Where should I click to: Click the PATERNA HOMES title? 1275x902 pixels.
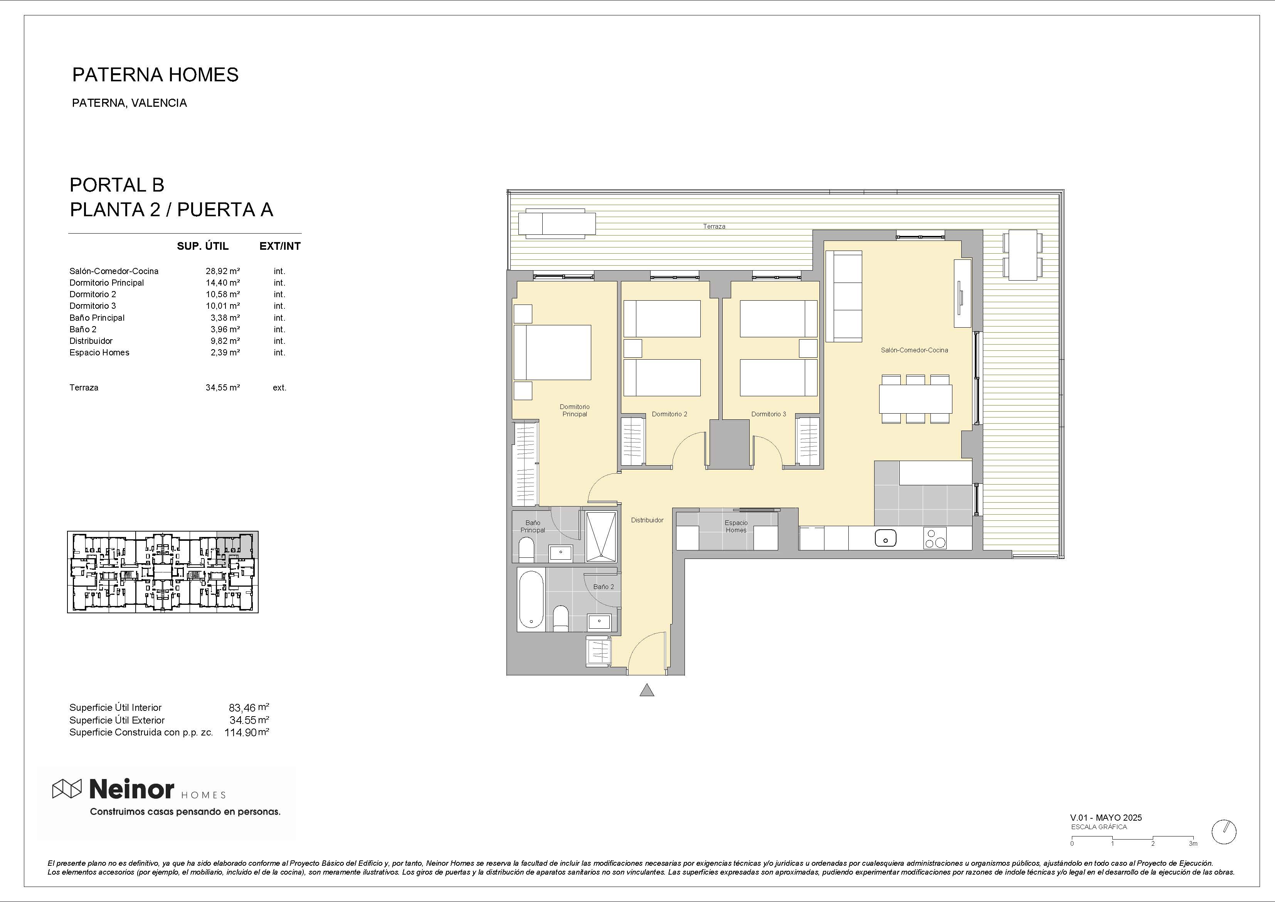pyautogui.click(x=155, y=74)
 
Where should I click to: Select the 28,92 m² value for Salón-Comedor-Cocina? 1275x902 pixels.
pyautogui.click(x=222, y=271)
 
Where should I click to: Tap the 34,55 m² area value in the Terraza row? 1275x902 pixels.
pyautogui.click(x=222, y=388)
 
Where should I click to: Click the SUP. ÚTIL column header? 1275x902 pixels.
pyautogui.click(x=203, y=246)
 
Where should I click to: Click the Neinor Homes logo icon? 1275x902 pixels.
pyautogui.click(x=67, y=788)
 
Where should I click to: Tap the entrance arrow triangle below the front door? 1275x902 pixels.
pyautogui.click(x=646, y=690)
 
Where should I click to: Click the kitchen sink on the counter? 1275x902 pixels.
pyautogui.click(x=885, y=538)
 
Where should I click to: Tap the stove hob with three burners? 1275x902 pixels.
pyautogui.click(x=935, y=538)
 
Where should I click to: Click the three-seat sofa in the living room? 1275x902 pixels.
pyautogui.click(x=844, y=296)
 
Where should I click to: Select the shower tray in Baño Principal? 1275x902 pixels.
pyautogui.click(x=601, y=535)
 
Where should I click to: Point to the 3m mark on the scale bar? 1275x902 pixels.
pyautogui.click(x=1193, y=843)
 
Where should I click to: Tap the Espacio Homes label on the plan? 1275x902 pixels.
pyautogui.click(x=736, y=527)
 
